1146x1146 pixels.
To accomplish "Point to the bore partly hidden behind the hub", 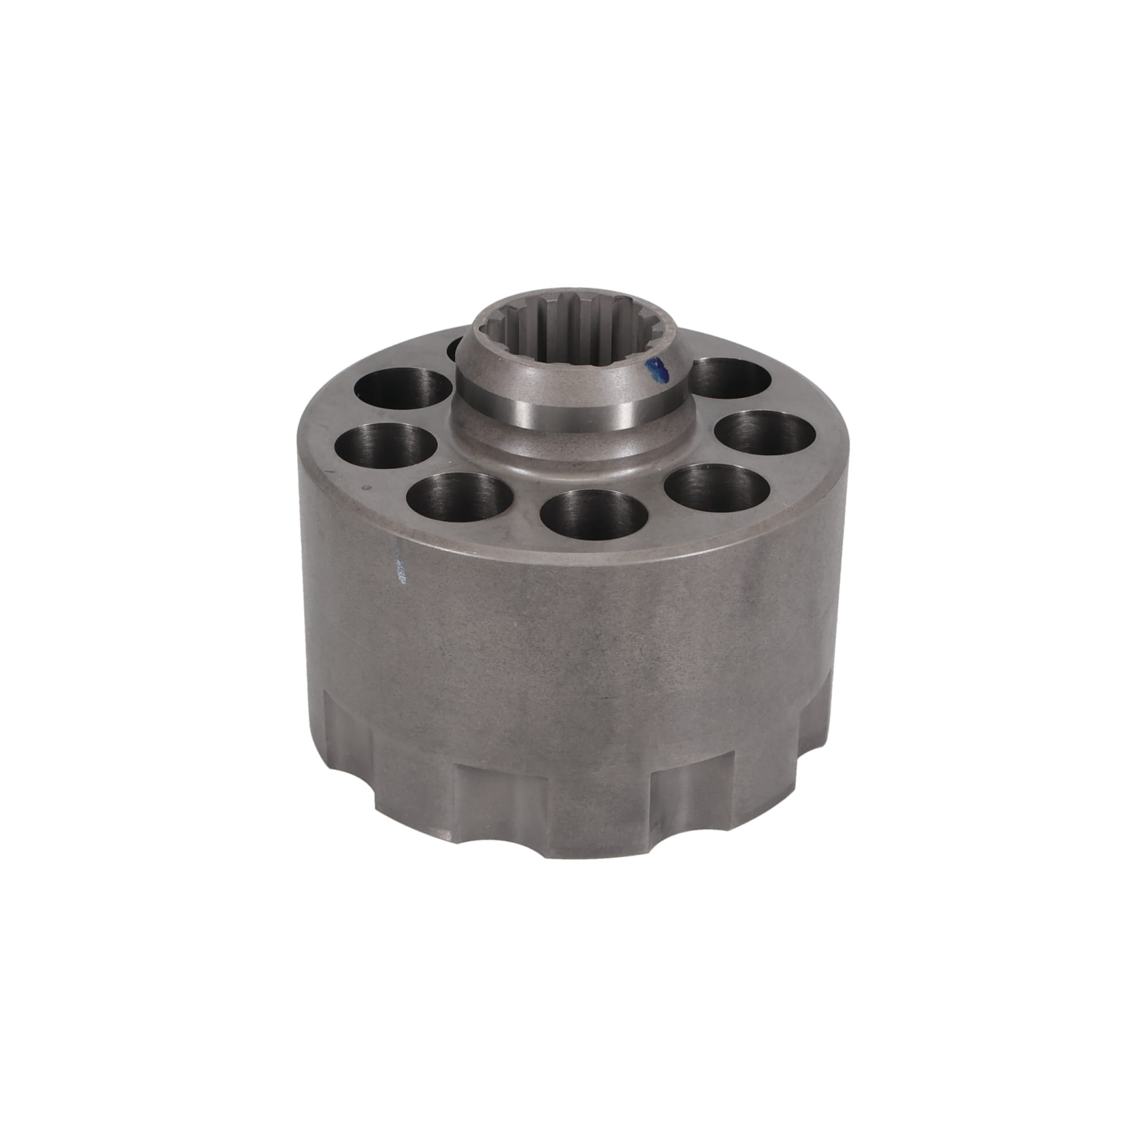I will pyautogui.click(x=456, y=349).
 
